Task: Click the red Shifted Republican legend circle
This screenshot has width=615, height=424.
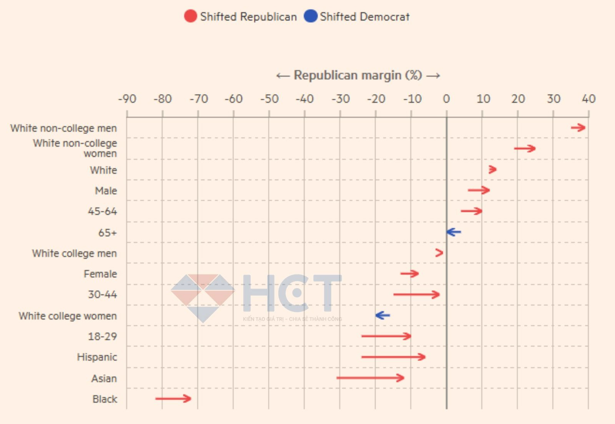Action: coord(190,16)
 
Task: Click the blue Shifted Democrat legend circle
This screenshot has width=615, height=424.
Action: coord(310,16)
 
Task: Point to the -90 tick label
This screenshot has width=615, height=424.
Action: coord(127,99)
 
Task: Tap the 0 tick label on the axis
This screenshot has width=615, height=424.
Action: coord(446,99)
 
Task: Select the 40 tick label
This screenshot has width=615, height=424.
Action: coord(588,99)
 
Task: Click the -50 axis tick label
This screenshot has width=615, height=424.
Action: coord(269,99)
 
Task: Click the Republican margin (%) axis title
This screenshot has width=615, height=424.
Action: coord(358,75)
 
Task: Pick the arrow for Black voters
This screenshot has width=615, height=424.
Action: coord(173,399)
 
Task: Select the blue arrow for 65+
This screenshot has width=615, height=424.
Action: coord(454,232)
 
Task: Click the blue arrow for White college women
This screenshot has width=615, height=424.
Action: coord(383,315)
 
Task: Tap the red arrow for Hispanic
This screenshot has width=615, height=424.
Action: coord(393,357)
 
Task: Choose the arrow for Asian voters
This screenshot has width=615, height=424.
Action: coord(370,378)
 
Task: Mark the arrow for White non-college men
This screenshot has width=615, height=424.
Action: coord(578,128)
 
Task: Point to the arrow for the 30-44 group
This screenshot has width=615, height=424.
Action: coord(416,295)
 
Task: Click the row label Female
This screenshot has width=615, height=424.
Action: coord(100,274)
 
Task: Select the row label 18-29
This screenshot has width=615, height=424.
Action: coord(102,336)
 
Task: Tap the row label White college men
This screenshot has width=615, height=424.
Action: coord(74,253)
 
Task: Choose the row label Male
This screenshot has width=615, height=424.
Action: coord(106,191)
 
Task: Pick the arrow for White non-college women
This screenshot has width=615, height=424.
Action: coord(525,149)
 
